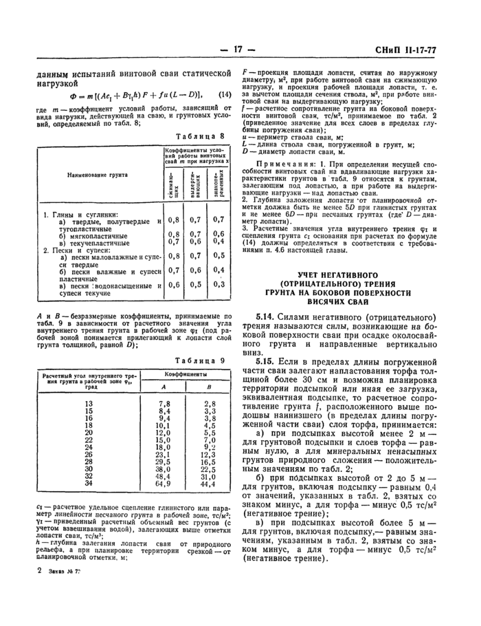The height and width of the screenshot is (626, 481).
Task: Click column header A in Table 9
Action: (164, 388)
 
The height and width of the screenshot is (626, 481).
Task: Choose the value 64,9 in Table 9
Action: (164, 484)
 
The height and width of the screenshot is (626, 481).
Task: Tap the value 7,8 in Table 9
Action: (164, 403)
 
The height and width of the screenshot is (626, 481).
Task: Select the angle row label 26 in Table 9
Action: (88, 454)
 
